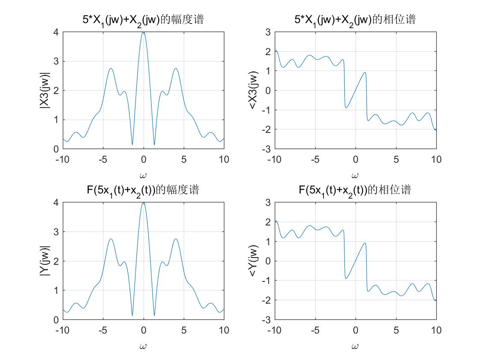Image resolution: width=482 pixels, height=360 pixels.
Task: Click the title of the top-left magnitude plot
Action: (x=143, y=20)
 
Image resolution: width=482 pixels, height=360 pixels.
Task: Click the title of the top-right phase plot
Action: (x=355, y=20)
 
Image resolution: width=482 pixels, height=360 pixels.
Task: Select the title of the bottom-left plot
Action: (x=143, y=190)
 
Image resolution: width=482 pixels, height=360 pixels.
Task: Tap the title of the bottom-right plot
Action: (x=355, y=190)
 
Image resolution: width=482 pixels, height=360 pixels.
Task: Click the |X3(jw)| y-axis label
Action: (x=44, y=90)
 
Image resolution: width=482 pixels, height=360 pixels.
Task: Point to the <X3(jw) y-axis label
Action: (x=254, y=90)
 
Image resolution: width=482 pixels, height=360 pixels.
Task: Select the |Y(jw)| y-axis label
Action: (x=44, y=260)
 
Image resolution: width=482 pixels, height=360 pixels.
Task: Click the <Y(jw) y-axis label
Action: (x=254, y=260)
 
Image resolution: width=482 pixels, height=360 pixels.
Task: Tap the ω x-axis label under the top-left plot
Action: (x=143, y=175)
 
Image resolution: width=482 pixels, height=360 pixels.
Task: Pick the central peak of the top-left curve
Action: (x=144, y=32)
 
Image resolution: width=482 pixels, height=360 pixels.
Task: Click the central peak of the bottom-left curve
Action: (x=144, y=203)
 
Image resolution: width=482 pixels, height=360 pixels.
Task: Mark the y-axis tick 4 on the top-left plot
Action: (x=56, y=32)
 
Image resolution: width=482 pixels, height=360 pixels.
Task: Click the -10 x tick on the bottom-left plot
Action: (x=62, y=330)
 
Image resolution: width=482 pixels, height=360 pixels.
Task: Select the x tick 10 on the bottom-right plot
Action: (x=436, y=330)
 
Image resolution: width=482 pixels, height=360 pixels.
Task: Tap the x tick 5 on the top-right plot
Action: (x=396, y=160)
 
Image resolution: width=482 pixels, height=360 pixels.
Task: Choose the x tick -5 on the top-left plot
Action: (x=103, y=160)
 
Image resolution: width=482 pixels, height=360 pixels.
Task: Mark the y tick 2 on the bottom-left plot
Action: (x=56, y=261)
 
